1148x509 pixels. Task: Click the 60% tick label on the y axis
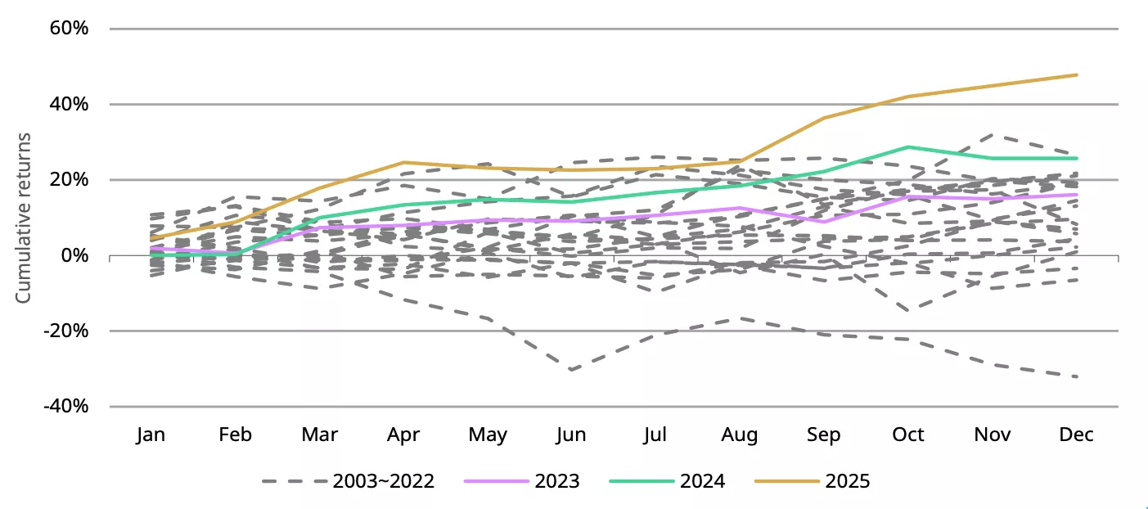[70, 29]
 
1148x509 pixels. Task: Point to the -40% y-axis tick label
[65, 407]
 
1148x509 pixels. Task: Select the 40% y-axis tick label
[70, 105]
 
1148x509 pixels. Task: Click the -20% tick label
[65, 331]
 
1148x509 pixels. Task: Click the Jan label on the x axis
[151, 435]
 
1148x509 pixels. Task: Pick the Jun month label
[571, 435]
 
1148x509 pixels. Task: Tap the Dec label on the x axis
[1076, 435]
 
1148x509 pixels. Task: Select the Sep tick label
[824, 435]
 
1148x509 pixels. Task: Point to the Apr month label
[403, 435]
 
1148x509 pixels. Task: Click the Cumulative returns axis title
[24, 217]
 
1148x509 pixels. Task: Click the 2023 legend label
[556, 481]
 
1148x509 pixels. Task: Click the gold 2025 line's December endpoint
[1077, 74]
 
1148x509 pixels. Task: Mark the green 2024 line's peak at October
[908, 147]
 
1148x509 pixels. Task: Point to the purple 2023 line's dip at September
[824, 222]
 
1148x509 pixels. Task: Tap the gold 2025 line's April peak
[403, 162]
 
